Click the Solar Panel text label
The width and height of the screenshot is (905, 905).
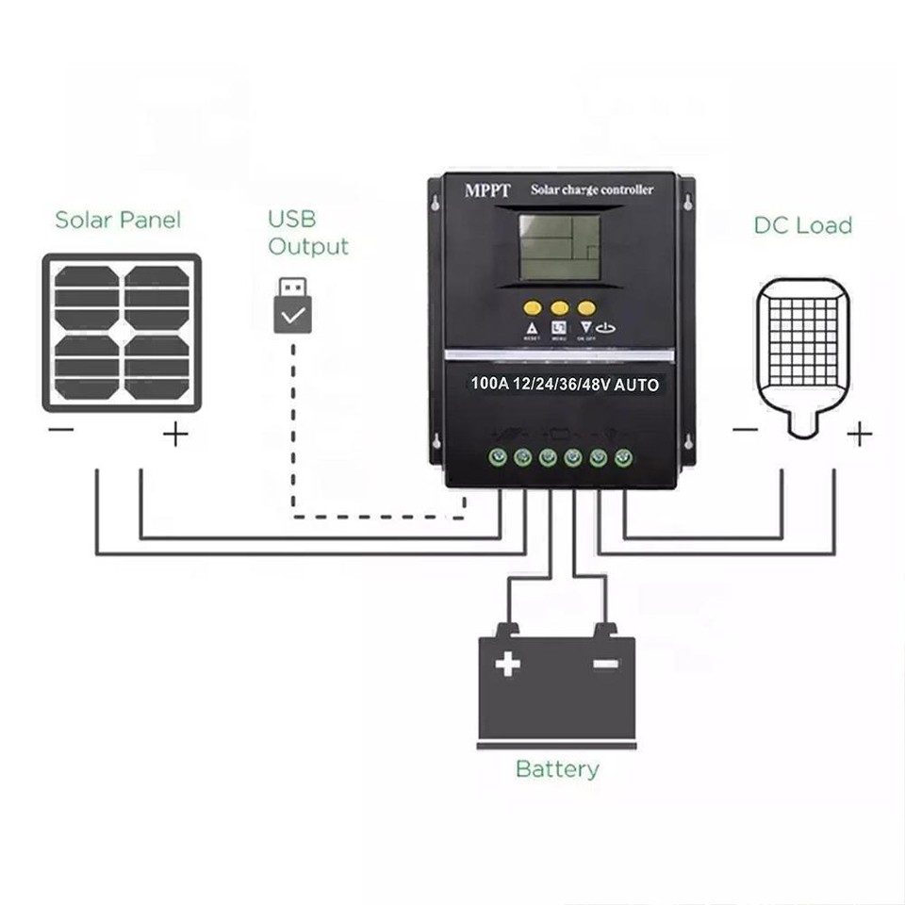pyautogui.click(x=118, y=221)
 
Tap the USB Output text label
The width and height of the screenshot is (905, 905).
pyautogui.click(x=307, y=233)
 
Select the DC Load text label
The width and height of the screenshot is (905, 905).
pyautogui.click(x=802, y=225)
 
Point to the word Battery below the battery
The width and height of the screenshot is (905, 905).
pyautogui.click(x=556, y=769)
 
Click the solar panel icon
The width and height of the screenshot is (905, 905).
pyautogui.click(x=122, y=333)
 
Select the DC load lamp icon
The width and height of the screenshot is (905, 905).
pyautogui.click(x=803, y=356)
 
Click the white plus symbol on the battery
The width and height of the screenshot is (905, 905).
pyautogui.click(x=508, y=664)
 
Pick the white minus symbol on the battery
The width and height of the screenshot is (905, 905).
pyautogui.click(x=606, y=664)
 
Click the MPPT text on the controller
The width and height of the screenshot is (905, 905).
pyautogui.click(x=487, y=191)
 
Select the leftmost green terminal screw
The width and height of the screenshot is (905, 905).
pyautogui.click(x=497, y=458)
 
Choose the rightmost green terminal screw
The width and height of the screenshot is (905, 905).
pyautogui.click(x=622, y=458)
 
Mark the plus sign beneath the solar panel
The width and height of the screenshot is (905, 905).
pyautogui.click(x=176, y=434)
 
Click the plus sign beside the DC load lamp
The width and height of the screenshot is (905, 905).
pyautogui.click(x=859, y=434)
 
